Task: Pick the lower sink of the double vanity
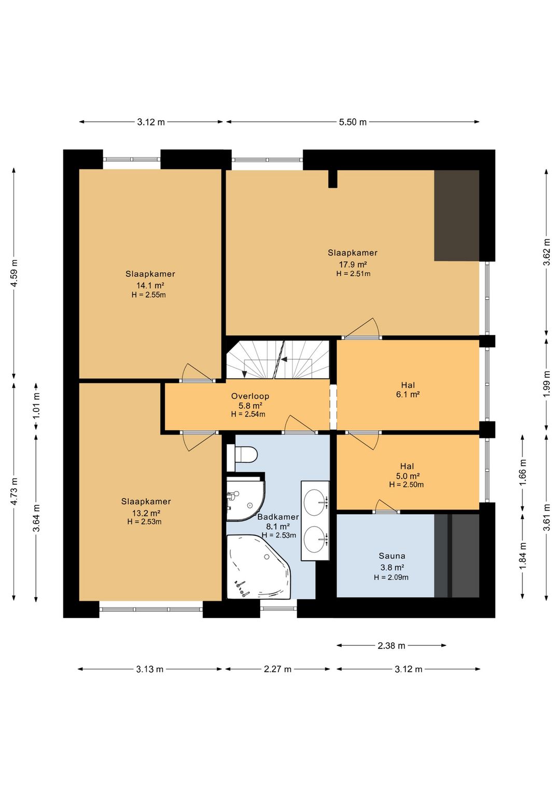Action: point(315,539)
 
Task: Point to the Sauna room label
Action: point(392,556)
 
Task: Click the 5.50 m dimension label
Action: point(353,122)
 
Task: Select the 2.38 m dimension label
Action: point(391,646)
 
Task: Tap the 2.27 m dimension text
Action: point(277,669)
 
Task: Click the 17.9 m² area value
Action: point(353,264)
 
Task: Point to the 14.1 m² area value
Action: point(150,285)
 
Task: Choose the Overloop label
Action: point(250,396)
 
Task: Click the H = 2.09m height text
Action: point(391,577)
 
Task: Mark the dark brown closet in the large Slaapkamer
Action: point(456,216)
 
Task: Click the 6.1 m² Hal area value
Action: point(408,394)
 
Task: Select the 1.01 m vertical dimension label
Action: point(36,406)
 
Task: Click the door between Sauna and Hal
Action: point(386,508)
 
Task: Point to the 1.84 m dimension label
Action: point(523,556)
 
